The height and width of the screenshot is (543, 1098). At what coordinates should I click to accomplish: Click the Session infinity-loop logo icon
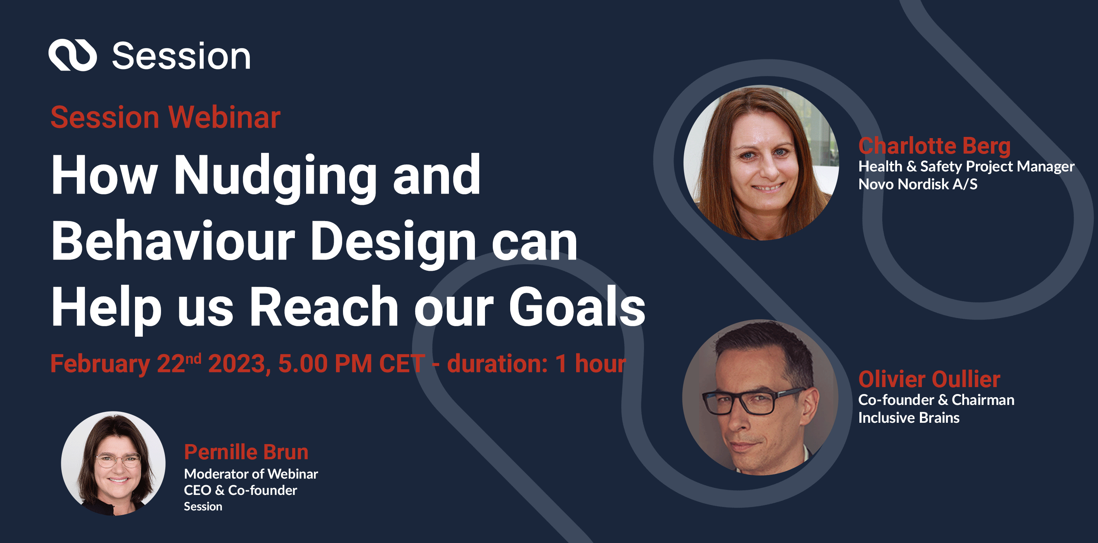[73, 55]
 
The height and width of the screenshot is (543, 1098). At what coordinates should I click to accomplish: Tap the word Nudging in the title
[275, 176]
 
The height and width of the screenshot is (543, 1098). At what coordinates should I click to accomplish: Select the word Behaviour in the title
[173, 241]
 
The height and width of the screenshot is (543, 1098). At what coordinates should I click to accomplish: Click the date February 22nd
[126, 363]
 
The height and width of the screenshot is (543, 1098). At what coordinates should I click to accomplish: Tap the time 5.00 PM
[325, 363]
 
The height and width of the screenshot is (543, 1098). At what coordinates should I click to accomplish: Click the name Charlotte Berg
[934, 146]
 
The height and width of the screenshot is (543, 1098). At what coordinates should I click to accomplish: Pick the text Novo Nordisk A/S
[917, 184]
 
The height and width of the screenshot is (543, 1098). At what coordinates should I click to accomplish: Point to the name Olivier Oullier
[929, 379]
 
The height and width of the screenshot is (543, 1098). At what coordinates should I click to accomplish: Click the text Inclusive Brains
[908, 418]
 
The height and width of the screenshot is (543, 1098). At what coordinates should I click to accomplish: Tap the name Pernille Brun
[246, 452]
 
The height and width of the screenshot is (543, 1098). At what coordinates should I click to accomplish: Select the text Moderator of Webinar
[251, 474]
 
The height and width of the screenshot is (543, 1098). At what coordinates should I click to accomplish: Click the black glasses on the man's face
[752, 401]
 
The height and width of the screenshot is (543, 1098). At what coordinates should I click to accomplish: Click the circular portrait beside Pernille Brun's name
[113, 463]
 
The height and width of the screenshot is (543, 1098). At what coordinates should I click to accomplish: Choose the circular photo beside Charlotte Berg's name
[761, 163]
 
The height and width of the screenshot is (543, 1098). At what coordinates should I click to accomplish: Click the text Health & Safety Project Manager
[966, 166]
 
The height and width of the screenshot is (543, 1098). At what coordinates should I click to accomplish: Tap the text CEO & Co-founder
[240, 490]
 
